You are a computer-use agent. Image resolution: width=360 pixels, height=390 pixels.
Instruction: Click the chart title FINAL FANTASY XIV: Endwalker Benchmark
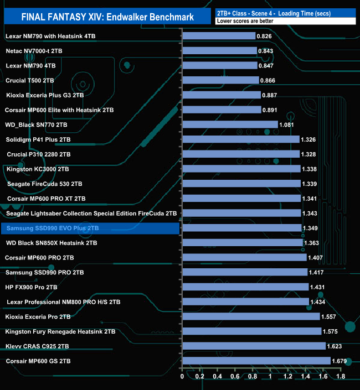point(107,17)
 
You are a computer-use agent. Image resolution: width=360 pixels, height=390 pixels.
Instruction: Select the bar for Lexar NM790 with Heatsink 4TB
point(218,36)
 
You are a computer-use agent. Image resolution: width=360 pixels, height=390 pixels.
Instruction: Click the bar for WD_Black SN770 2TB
point(230,124)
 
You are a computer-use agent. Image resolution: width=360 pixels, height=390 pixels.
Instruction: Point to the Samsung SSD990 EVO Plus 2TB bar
point(241,228)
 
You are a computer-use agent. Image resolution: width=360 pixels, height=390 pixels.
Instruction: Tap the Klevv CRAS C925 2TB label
point(37,346)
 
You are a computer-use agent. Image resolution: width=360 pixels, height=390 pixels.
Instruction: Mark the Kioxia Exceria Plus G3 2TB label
point(44,95)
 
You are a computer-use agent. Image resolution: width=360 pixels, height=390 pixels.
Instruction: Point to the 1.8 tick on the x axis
point(340,377)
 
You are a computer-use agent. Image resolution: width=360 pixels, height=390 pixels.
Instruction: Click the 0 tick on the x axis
point(182,377)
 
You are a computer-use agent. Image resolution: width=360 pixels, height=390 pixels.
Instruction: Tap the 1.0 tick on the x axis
point(270,377)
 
